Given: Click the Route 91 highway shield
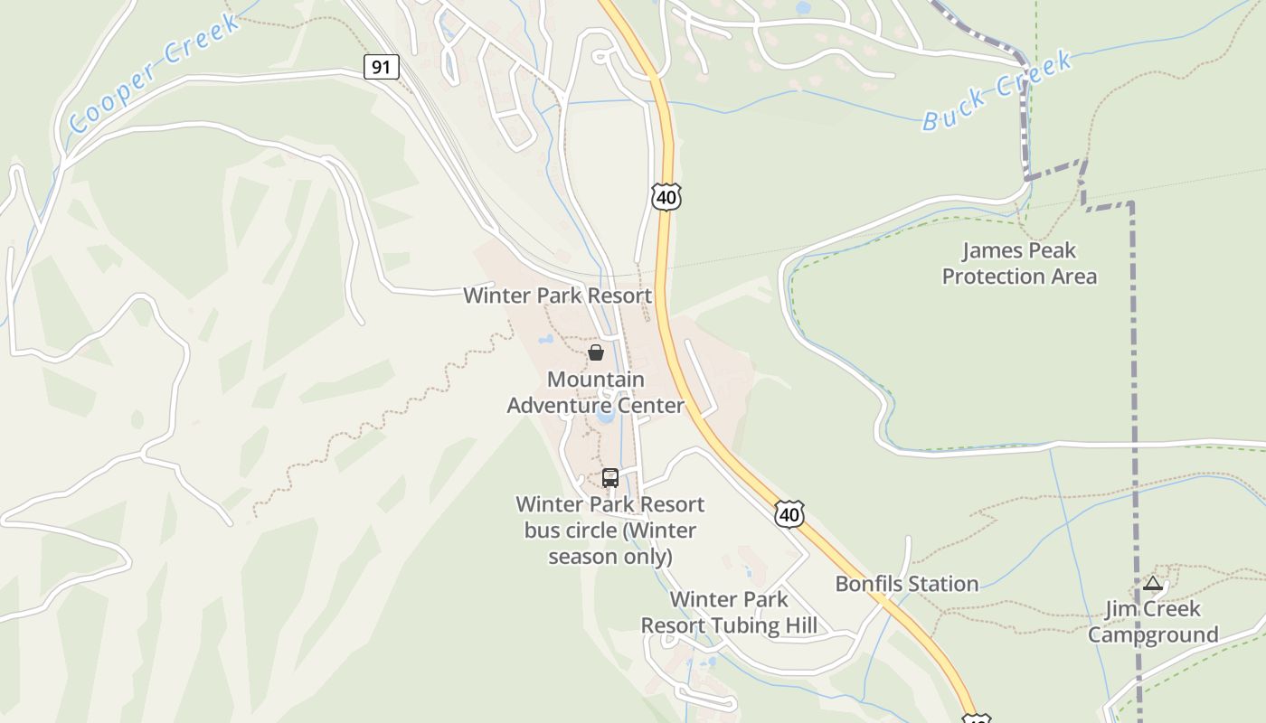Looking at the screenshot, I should pyautogui.click(x=382, y=66).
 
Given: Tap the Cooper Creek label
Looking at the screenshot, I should pyautogui.click(x=155, y=73).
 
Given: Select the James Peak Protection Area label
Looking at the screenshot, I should pyautogui.click(x=1019, y=263).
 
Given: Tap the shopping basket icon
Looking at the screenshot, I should pyautogui.click(x=596, y=352).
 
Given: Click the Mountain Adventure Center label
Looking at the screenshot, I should pyautogui.click(x=596, y=392).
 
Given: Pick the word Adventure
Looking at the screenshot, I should pyautogui.click(x=566, y=405).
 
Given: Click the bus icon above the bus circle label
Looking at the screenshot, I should pyautogui.click(x=610, y=477).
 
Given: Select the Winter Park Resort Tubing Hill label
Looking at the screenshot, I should pyautogui.click(x=729, y=612).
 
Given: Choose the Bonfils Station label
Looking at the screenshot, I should pyautogui.click(x=907, y=584).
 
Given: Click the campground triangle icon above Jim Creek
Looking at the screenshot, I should pyautogui.click(x=1152, y=584).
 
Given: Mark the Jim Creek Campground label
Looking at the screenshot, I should pyautogui.click(x=1153, y=622).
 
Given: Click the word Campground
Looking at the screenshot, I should pyautogui.click(x=1153, y=634).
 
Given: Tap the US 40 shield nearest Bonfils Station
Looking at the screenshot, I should pyautogui.click(x=789, y=514).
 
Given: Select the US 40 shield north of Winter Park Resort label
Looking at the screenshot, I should pyautogui.click(x=666, y=196).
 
